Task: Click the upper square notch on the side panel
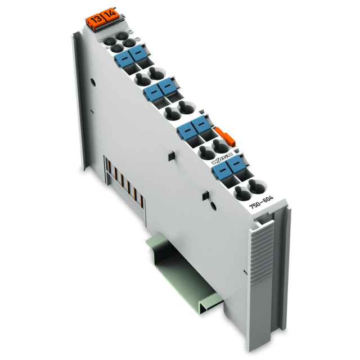coord(169,154)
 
